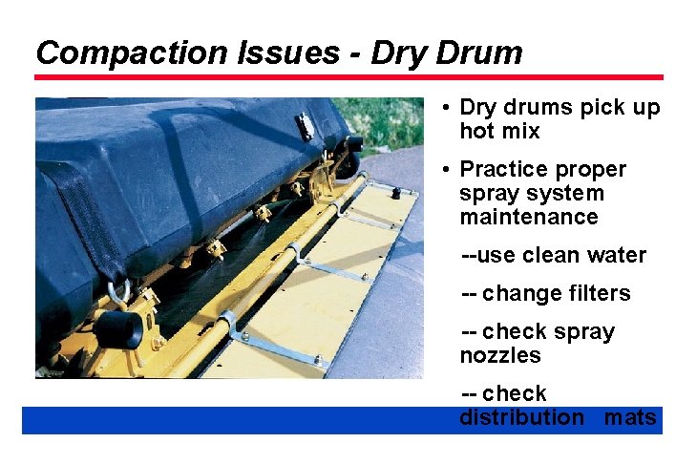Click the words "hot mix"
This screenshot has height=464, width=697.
tap(499, 131)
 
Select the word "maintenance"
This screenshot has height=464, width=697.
tap(528, 217)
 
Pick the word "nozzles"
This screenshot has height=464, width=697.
tap(499, 355)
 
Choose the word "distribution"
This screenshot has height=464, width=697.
tap(521, 417)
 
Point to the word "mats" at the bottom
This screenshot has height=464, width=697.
tap(630, 417)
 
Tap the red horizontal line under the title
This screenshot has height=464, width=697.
tap(348, 77)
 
